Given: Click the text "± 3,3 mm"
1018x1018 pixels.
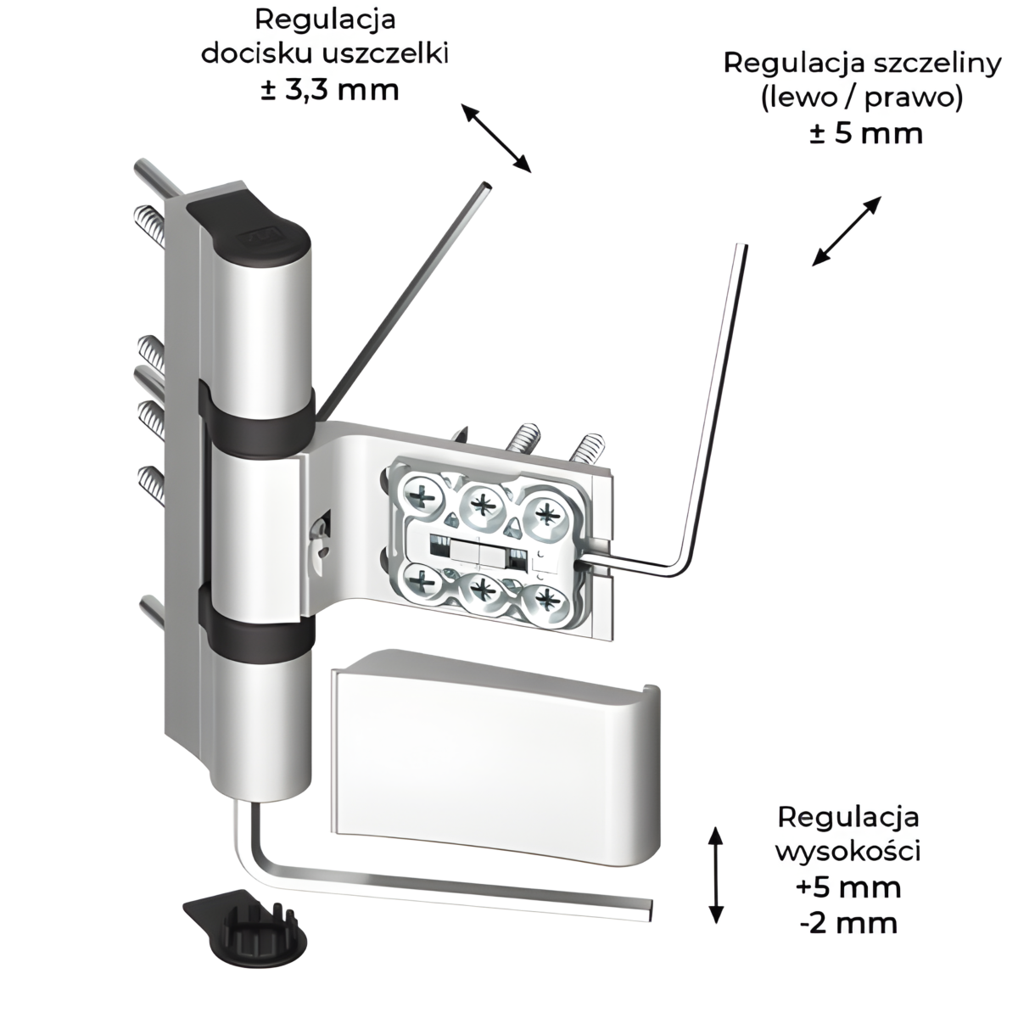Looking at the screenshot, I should coord(330,89).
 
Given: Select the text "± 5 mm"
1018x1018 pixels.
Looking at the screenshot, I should coord(865,134).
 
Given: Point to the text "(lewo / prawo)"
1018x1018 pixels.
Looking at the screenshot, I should coord(862,98).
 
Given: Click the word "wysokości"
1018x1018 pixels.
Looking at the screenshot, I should coord(848,851).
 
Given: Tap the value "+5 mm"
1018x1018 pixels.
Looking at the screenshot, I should coord(848,887).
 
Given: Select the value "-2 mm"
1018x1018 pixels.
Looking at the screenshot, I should coord(848,922).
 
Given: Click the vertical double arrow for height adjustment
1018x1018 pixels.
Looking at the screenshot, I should coord(716,873).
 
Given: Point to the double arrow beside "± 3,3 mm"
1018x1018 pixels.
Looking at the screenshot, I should coord(495,137).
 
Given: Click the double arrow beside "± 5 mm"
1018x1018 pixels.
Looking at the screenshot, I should coord(847,231).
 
